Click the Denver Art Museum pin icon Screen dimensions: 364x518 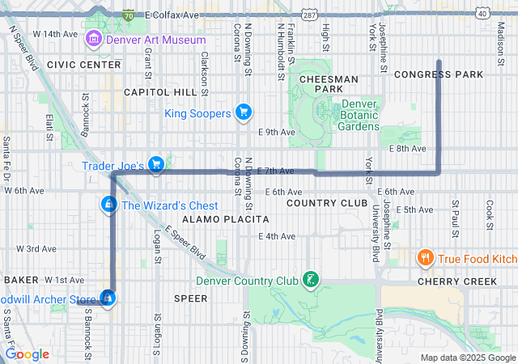pos(94,38)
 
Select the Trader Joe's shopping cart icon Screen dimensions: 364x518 pos(157,165)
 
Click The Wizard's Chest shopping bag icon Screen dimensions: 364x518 pos(108,205)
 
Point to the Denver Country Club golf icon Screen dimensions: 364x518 pos(308,281)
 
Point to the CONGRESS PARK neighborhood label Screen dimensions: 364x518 pos(439,74)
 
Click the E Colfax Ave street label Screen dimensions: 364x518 pos(172,15)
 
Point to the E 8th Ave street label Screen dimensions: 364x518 pos(406,148)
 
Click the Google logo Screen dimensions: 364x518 pos(28,354)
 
